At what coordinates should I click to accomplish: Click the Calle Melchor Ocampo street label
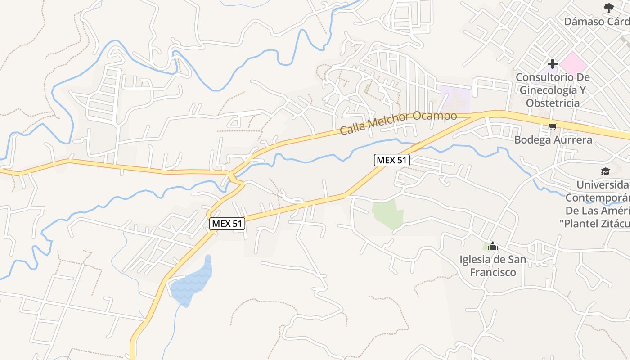pyautogui.click(x=398, y=123)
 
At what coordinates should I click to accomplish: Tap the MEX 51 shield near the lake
pyautogui.click(x=228, y=223)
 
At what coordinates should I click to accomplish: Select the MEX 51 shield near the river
pyautogui.click(x=391, y=160)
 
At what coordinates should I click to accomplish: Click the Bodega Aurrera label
pyautogui.click(x=553, y=140)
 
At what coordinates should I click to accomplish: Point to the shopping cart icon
pyautogui.click(x=553, y=127)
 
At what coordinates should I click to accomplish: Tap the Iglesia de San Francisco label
pyautogui.click(x=493, y=266)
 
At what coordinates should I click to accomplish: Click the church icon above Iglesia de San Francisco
pyautogui.click(x=493, y=246)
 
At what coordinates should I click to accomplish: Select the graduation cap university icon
pyautogui.click(x=605, y=171)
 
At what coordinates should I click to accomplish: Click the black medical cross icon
pyautogui.click(x=553, y=64)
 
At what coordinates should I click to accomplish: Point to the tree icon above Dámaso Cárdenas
pyautogui.click(x=608, y=8)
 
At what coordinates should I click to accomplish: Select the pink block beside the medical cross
pyautogui.click(x=573, y=63)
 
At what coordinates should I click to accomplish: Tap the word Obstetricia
pyautogui.click(x=553, y=103)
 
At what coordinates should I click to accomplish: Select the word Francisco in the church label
pyautogui.click(x=493, y=272)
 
